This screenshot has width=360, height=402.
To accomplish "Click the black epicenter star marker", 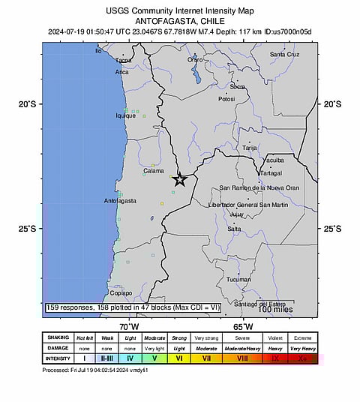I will [179, 179].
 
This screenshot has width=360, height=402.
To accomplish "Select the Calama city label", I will [154, 171].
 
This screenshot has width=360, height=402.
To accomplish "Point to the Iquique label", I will [125, 115].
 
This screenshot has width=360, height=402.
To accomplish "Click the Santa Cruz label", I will [284, 55].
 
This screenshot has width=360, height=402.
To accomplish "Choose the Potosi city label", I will [226, 98].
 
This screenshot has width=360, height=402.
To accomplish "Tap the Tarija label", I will [250, 148].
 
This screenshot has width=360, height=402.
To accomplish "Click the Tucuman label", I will [238, 280].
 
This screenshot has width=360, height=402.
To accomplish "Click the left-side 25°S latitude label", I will [27, 229].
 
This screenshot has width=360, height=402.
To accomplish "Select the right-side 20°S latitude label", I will [331, 104].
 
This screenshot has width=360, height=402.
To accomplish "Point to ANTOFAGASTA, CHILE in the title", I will [180, 21].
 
